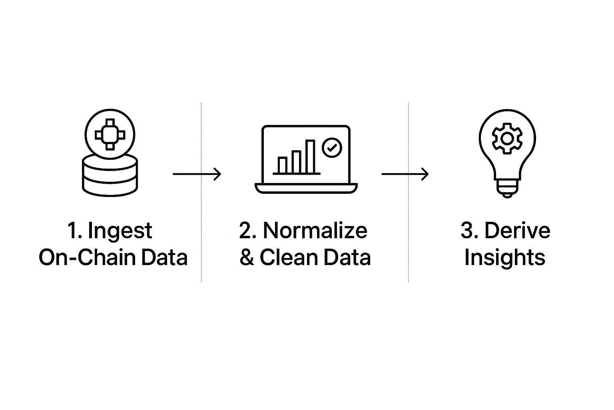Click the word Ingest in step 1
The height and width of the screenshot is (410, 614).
[x=120, y=231]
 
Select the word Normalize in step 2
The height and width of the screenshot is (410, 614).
[x=315, y=231]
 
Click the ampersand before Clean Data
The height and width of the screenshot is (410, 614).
[x=247, y=257]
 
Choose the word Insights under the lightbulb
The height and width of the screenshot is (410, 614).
[x=504, y=257]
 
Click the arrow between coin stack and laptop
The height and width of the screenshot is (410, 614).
[x=197, y=174]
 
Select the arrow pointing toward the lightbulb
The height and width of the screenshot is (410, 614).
[x=405, y=174]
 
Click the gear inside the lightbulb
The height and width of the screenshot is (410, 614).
[x=507, y=138]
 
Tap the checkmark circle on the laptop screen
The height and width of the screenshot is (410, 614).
[x=332, y=148]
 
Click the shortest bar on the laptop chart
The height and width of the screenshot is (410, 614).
[x=283, y=165]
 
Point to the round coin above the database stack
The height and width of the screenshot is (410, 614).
[x=110, y=135]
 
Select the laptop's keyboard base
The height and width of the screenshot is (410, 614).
[x=306, y=188]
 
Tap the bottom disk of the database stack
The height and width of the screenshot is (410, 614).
[x=110, y=189]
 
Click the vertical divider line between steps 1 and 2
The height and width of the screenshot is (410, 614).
[x=201, y=192]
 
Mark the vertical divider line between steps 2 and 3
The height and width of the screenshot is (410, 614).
[x=408, y=192]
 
